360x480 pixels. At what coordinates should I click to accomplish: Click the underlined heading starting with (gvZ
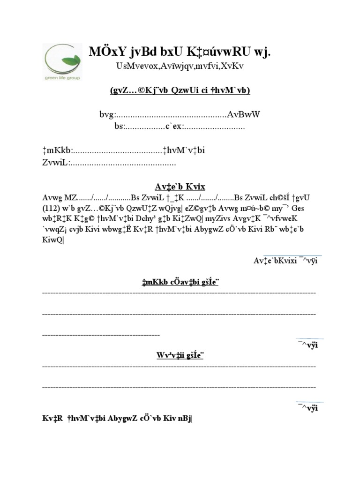pyautogui.click(x=180, y=90)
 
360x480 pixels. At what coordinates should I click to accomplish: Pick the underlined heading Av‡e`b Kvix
pyautogui.click(x=180, y=186)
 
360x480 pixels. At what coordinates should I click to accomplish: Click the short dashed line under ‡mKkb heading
pyautogui.click(x=101, y=335)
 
